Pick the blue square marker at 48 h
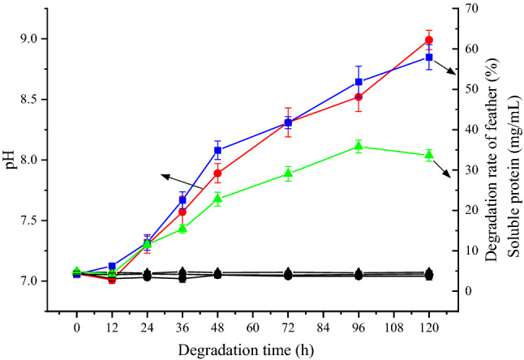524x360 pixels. tap(217, 150)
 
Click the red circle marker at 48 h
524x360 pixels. tap(217, 173)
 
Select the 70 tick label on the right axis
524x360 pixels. tap(474, 8)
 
